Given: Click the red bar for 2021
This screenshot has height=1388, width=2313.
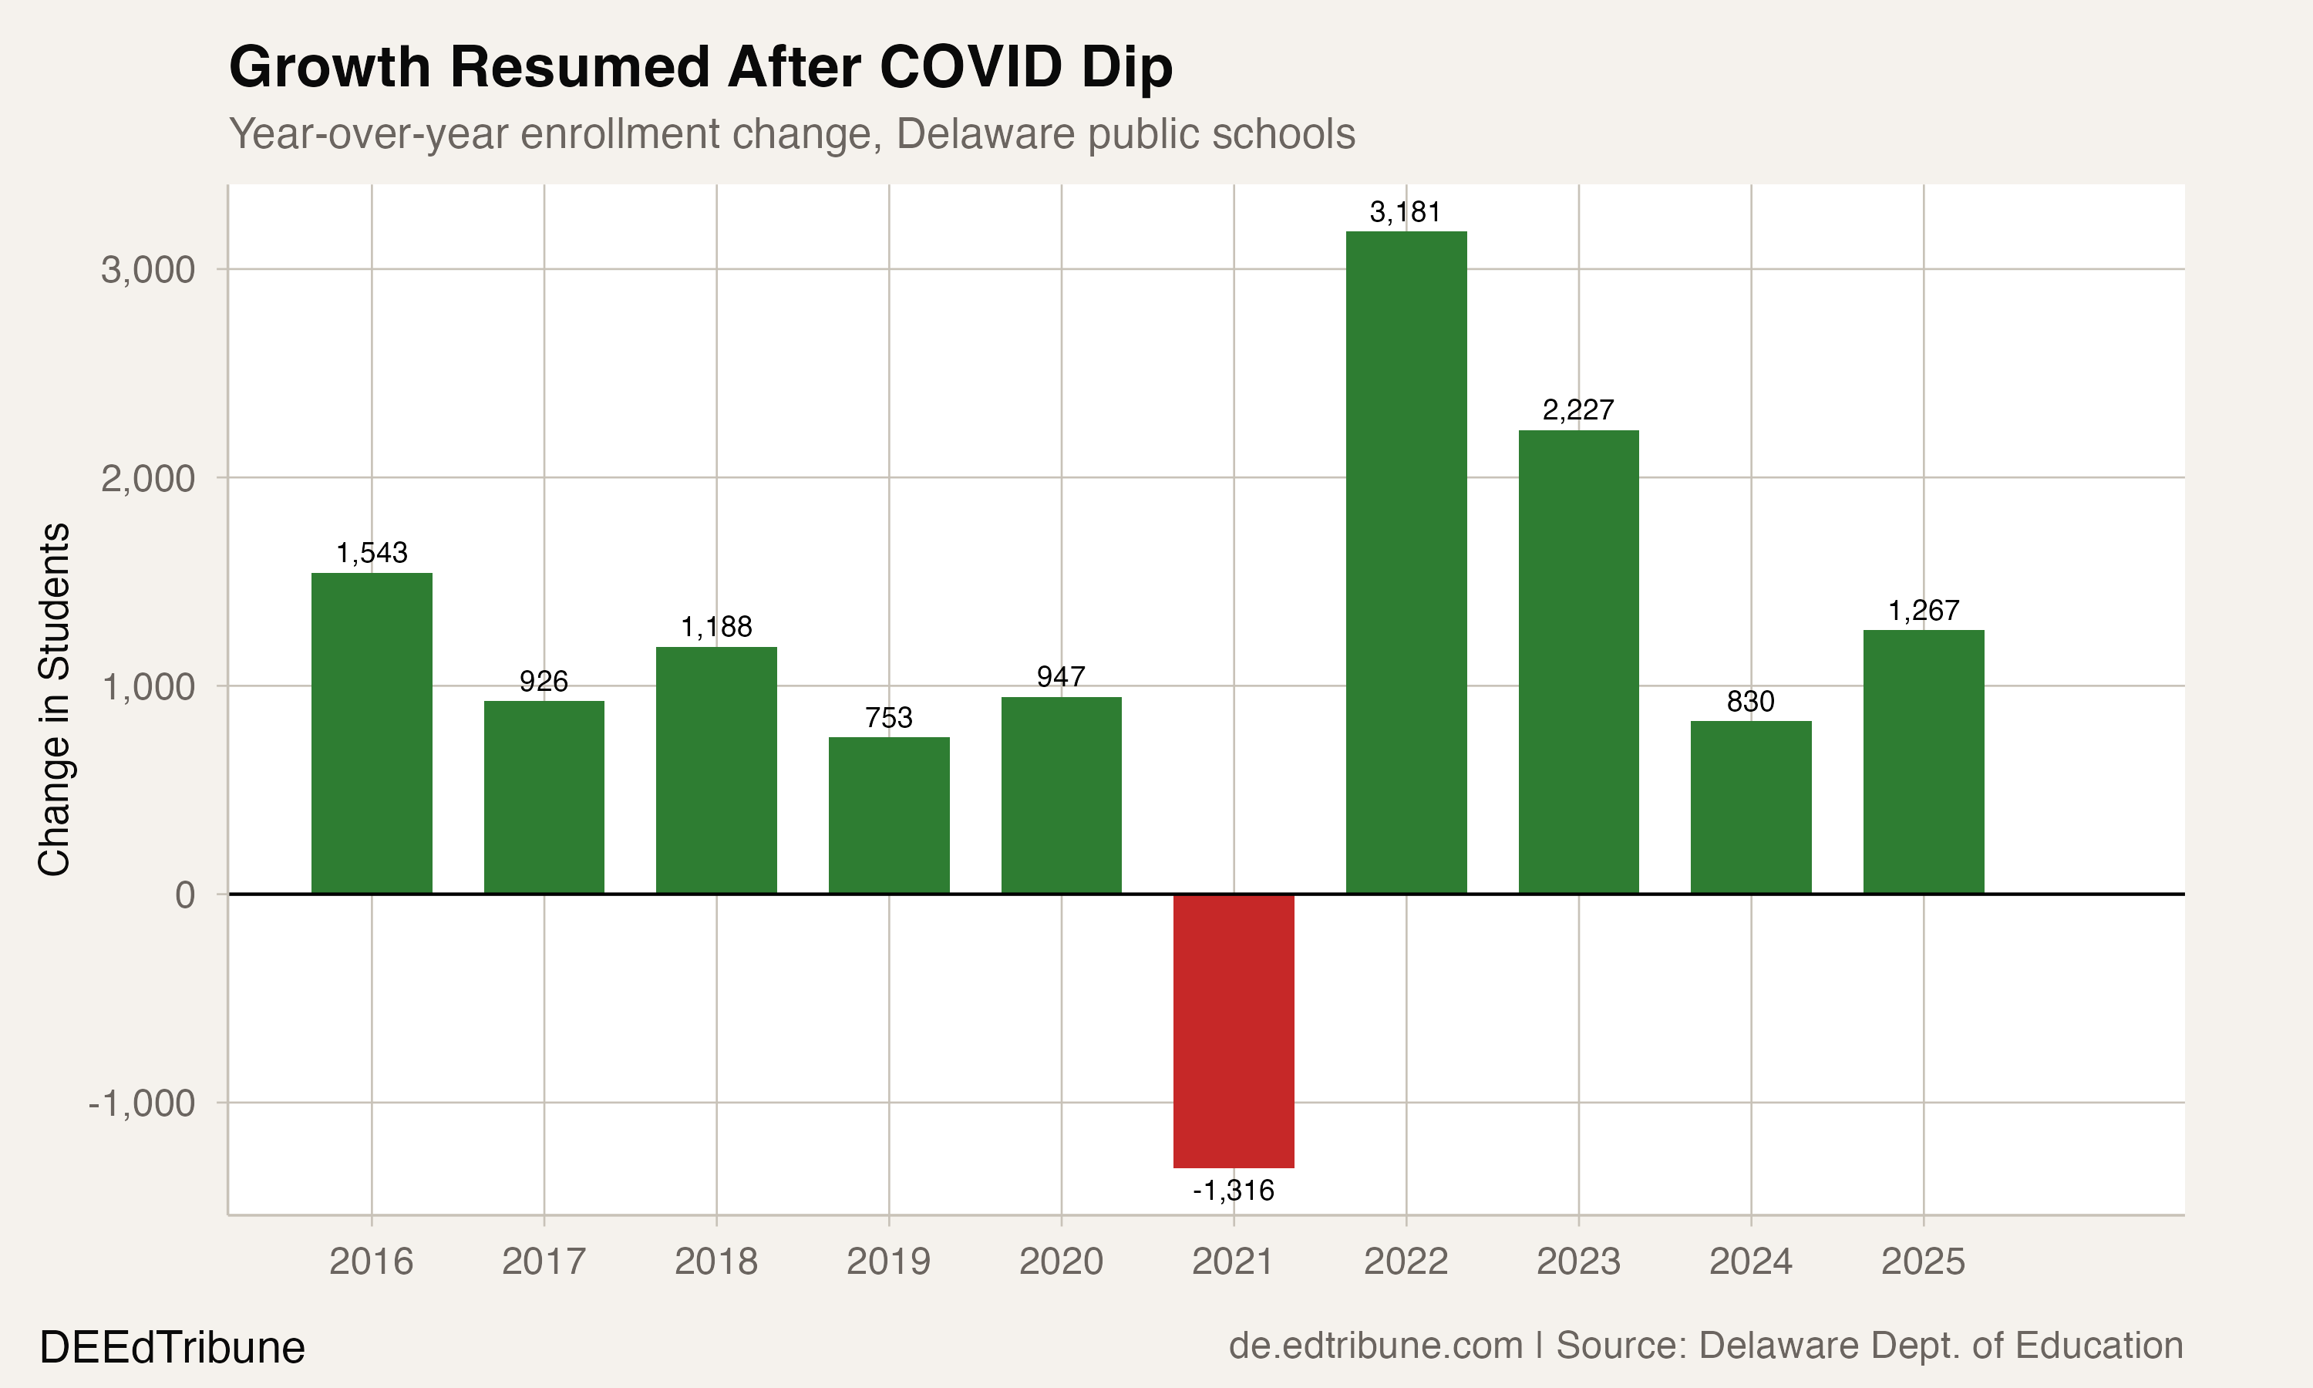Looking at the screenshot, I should click(1233, 1029).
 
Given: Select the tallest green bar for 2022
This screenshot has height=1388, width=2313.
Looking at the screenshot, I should click(1406, 561).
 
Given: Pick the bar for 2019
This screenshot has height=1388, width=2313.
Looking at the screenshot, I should click(888, 814).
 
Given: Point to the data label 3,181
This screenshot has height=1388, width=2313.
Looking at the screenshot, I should click(1406, 212).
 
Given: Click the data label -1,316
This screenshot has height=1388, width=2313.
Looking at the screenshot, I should click(1233, 1191).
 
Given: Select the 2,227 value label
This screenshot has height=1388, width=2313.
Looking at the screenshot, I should click(1578, 409).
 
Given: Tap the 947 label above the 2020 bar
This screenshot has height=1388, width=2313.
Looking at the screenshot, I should click(1060, 676).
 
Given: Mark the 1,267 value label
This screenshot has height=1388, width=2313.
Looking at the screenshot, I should click(1923, 611).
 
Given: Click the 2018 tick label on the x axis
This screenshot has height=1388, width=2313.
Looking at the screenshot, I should click(715, 1262).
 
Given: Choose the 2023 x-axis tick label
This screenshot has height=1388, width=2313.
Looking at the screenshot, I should click(1578, 1262).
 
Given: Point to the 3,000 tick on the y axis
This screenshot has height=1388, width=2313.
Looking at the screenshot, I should click(148, 271).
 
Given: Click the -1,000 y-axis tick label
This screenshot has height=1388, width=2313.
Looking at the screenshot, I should click(141, 1103).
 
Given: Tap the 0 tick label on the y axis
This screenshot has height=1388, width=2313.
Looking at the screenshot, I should click(185, 895).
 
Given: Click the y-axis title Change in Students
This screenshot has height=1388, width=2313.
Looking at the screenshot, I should click(54, 699).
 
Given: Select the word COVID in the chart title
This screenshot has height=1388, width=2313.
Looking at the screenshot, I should click(971, 67).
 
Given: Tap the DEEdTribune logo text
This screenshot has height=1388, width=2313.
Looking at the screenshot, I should click(172, 1348).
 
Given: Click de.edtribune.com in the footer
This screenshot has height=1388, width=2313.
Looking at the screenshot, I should click(1375, 1346).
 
